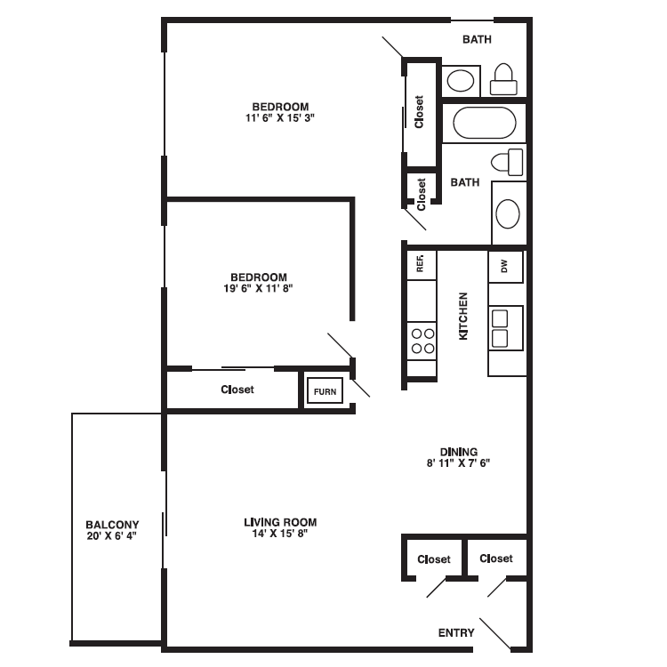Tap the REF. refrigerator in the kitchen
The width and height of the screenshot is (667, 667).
point(421,264)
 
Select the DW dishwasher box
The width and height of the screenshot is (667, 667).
point(505,266)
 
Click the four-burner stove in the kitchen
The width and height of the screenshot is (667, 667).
point(422,341)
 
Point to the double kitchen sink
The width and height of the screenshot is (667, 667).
point(505,327)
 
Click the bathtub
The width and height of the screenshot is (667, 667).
point(484,123)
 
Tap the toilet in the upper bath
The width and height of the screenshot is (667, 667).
point(503,79)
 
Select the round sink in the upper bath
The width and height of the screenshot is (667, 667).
point(461,81)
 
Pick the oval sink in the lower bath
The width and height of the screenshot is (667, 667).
point(508,214)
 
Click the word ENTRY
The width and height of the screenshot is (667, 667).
point(456,633)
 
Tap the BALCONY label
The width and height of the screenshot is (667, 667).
point(112,525)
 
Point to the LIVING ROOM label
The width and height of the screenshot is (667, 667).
point(280,522)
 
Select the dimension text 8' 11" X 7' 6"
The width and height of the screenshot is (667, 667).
point(458,463)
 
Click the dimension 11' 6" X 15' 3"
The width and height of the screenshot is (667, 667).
point(280,117)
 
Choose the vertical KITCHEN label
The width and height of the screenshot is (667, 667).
point(462,316)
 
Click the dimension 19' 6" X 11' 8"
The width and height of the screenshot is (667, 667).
point(258,288)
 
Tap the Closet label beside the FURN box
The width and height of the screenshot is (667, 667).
point(237,390)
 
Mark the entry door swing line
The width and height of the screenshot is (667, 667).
point(495,633)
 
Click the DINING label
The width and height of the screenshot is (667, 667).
point(459,451)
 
